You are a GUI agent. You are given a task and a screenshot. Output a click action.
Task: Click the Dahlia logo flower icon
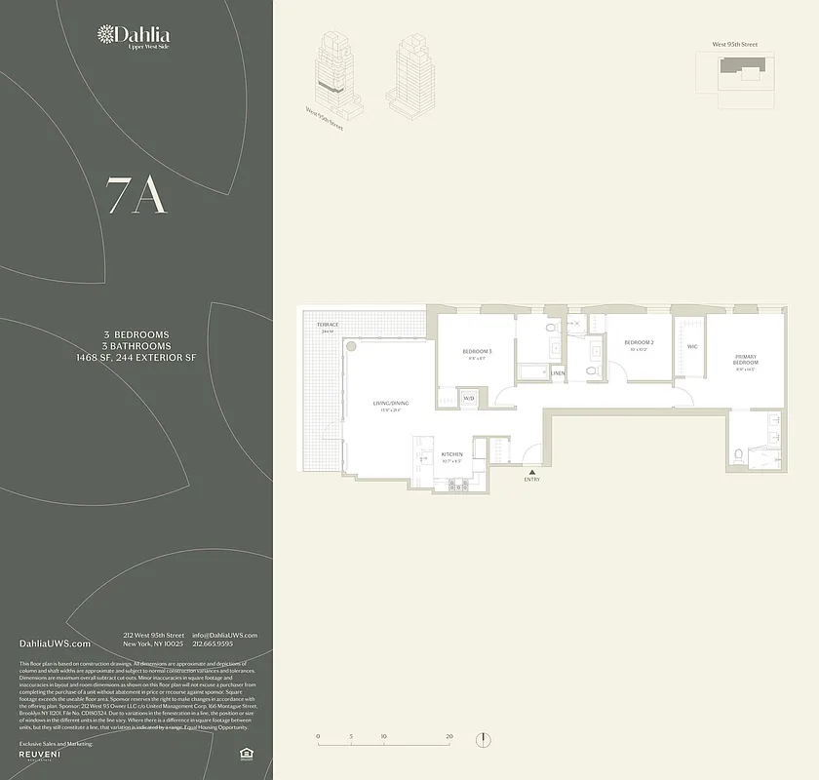pyautogui.click(x=106, y=36)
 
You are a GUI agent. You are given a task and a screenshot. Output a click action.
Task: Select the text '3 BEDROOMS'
pyautogui.click(x=136, y=334)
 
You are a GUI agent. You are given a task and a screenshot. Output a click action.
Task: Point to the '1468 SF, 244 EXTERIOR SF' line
pyautogui.click(x=136, y=358)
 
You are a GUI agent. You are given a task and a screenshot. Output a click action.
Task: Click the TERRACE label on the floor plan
pyautogui.click(x=327, y=324)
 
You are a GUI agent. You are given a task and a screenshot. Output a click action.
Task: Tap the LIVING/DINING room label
pyautogui.click(x=391, y=403)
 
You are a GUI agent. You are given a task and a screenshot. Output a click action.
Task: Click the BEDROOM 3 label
pyautogui.click(x=477, y=351)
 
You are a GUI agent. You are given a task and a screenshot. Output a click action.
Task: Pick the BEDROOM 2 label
pyautogui.click(x=639, y=342)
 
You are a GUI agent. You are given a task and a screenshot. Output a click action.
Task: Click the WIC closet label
pyautogui.click(x=692, y=346)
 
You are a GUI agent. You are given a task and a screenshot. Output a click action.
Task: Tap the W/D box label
pyautogui.click(x=468, y=398)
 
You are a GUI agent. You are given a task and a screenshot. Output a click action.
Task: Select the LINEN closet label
pyautogui.click(x=558, y=373)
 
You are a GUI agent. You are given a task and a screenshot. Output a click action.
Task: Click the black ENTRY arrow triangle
pyautogui.click(x=531, y=471)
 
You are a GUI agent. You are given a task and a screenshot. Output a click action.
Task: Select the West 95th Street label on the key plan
pyautogui.click(x=734, y=44)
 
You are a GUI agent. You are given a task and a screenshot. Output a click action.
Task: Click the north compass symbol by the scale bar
pyautogui.click(x=483, y=740)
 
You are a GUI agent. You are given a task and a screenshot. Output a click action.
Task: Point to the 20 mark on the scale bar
pyautogui.click(x=448, y=736)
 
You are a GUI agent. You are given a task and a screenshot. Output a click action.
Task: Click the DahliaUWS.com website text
pyautogui.click(x=55, y=643)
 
